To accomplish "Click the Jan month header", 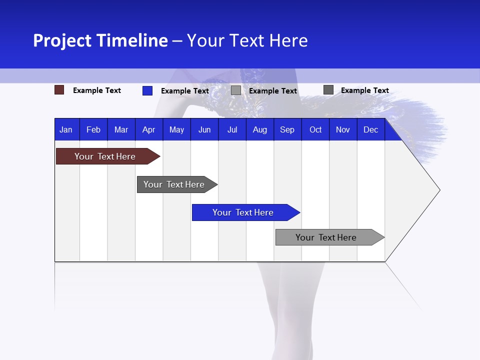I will pyautogui.click(x=66, y=129).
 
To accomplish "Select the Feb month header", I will pyautogui.click(x=93, y=129).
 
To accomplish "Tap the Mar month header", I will pyautogui.click(x=121, y=129).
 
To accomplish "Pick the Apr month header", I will pyautogui.click(x=149, y=129).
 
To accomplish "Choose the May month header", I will pyautogui.click(x=176, y=129).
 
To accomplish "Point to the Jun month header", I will pyautogui.click(x=204, y=129).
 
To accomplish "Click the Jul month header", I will pyautogui.click(x=232, y=129).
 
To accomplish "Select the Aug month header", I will pyautogui.click(x=260, y=129).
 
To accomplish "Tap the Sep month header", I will pyautogui.click(x=287, y=129).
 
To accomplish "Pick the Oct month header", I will pyautogui.click(x=315, y=129).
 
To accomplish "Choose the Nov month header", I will pyautogui.click(x=343, y=129).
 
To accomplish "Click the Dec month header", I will pyautogui.click(x=371, y=129).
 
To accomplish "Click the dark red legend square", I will pyautogui.click(x=59, y=90).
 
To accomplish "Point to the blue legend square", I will pyautogui.click(x=147, y=90).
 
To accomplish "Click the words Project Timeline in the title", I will pyautogui.click(x=100, y=40).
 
